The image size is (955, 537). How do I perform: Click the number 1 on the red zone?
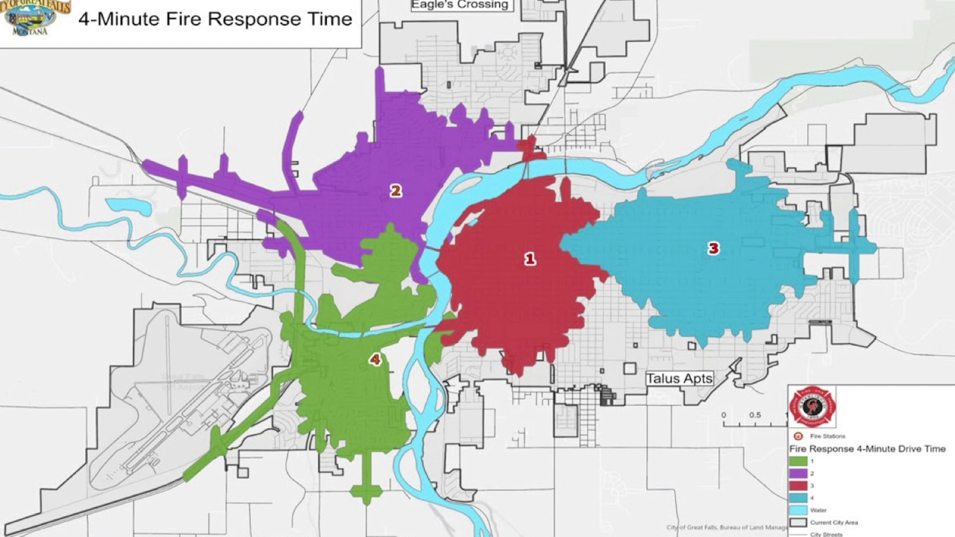(530, 260)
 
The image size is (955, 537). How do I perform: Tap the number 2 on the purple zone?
(395, 191)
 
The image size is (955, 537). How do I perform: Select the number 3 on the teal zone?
(713, 248)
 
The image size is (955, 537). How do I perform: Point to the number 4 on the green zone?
(375, 360)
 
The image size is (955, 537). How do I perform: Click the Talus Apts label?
(679, 379)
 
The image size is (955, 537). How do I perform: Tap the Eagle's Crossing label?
(460, 5)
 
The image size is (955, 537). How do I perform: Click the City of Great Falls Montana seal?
(36, 18)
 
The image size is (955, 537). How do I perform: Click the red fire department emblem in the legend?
(812, 406)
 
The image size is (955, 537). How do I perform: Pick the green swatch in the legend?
(798, 461)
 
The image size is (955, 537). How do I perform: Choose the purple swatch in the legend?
(798, 474)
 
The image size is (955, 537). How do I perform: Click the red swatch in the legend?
(798, 486)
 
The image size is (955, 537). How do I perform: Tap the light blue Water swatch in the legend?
(798, 510)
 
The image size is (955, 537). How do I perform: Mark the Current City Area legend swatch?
(798, 522)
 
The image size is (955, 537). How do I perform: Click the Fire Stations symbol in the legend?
(798, 436)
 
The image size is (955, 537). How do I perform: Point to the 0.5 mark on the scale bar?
(755, 415)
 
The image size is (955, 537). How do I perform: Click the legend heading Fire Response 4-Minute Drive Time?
(867, 449)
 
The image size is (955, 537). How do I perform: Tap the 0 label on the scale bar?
(723, 415)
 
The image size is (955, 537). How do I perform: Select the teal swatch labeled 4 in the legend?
(798, 498)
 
